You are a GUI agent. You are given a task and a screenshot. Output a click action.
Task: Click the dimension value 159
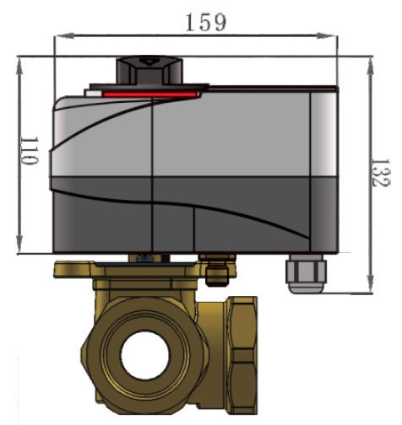(x=206, y=23)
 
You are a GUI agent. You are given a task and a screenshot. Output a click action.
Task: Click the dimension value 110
(x=30, y=151)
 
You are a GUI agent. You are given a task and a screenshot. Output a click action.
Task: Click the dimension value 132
(x=380, y=172)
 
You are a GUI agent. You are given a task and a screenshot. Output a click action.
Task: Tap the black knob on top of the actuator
(x=149, y=70)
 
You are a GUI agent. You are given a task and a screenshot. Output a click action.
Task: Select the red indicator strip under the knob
(x=150, y=94)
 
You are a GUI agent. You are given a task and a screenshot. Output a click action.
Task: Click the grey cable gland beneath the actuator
(x=306, y=273)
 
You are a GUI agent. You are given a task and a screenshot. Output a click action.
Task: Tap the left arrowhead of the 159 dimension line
(x=64, y=35)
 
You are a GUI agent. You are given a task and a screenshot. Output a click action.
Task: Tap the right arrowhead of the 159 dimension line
(x=327, y=35)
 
